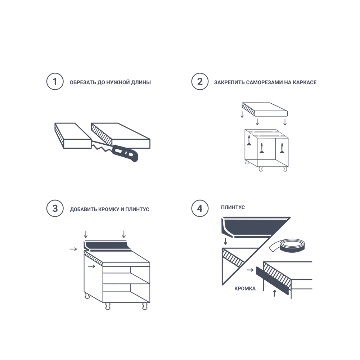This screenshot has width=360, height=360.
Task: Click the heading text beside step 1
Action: (x=110, y=82)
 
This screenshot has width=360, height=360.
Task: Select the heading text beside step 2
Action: (x=265, y=82)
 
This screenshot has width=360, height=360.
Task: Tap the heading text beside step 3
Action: (x=109, y=209)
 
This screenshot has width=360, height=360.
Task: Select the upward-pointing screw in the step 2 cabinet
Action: (x=282, y=148)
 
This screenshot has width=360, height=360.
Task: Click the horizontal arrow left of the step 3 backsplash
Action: (x=73, y=249)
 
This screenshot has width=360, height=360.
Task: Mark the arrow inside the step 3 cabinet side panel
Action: (x=92, y=266)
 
